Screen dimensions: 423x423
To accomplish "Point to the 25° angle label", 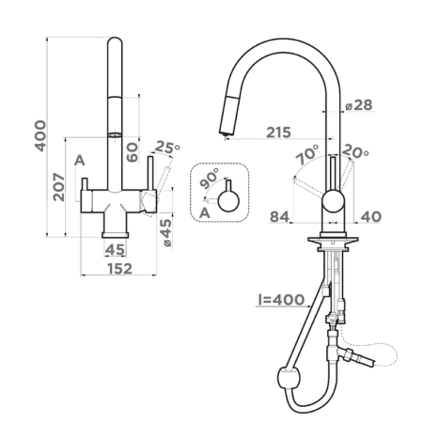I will click(165, 147).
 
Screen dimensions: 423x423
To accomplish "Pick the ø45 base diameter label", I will click(165, 232).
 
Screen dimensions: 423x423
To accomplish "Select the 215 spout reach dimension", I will click(277, 133).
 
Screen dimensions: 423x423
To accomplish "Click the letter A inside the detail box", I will click(204, 213).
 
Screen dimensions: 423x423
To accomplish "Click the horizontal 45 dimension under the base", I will click(115, 249).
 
